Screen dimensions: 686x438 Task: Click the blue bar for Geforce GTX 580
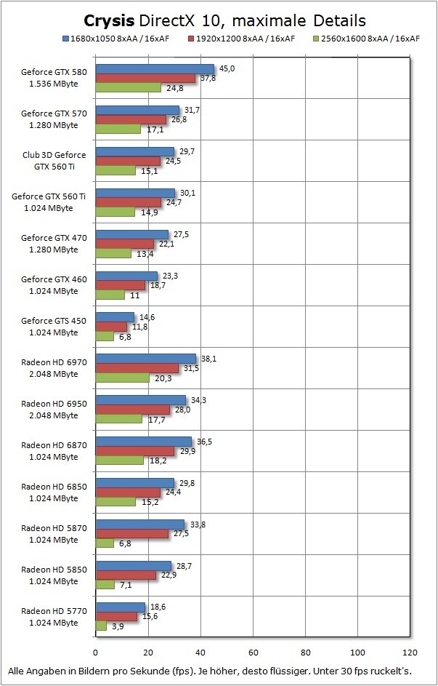coord(155,69)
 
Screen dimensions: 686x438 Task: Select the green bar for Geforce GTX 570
coord(118,129)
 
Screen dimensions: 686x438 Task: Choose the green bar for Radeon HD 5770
coord(101,626)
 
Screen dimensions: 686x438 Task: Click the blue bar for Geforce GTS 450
coord(115,317)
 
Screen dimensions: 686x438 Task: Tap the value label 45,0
coord(227,68)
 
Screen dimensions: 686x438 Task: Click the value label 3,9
coord(117,626)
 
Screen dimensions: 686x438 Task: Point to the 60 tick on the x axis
coord(253,653)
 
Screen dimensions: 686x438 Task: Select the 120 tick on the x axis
coord(410,653)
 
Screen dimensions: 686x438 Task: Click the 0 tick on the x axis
coord(96,653)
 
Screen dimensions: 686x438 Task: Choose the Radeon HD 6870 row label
coord(49,450)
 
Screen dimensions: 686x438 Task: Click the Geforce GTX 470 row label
coord(49,243)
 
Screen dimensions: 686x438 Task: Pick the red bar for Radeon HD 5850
coord(126,575)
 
